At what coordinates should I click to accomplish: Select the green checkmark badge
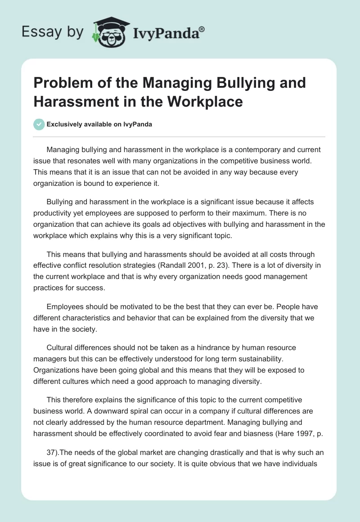point(39,124)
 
